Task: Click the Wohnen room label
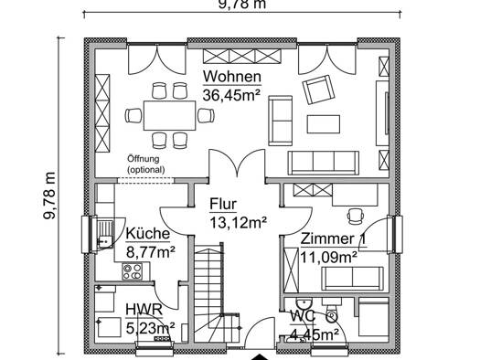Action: pos(232,77)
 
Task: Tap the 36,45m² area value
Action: pos(231,95)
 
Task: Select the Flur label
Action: pos(223,204)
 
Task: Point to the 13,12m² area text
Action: pos(238,222)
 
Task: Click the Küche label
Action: pos(148,234)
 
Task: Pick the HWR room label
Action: pos(144,310)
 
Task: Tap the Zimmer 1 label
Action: pos(333,238)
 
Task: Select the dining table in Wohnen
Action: pos(169,116)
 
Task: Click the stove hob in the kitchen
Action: pos(132,271)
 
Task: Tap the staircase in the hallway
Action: pos(216,291)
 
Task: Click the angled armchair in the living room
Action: pos(318,90)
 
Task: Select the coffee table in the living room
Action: pos(324,124)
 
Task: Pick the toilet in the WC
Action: pos(332,312)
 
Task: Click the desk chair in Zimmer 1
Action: pos(356,216)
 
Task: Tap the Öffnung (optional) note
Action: pos(146,164)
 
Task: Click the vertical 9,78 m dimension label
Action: pos(49,196)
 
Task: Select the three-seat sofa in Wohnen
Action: pos(324,163)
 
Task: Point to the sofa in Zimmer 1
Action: pos(352,279)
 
